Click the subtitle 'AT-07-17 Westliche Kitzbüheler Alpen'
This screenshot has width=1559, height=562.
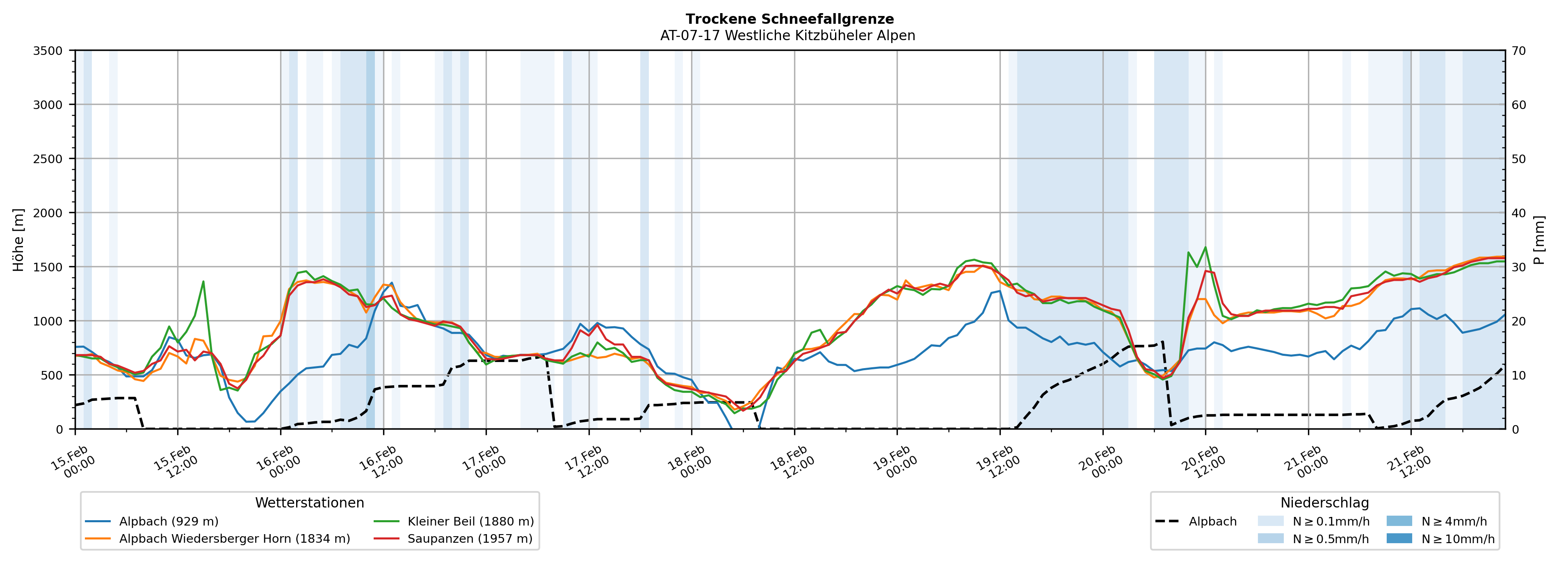pos(787,36)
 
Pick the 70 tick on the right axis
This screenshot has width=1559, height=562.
pos(1518,51)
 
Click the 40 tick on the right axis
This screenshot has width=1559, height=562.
pos(1518,213)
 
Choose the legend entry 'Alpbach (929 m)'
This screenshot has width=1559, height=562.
pos(168,521)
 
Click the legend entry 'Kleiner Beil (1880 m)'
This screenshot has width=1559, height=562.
pos(470,521)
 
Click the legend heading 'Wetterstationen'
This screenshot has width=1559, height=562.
pos(309,503)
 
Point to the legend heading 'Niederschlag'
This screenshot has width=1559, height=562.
pos(1324,503)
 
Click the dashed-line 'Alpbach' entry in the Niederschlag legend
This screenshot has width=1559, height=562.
pos(1212,521)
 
